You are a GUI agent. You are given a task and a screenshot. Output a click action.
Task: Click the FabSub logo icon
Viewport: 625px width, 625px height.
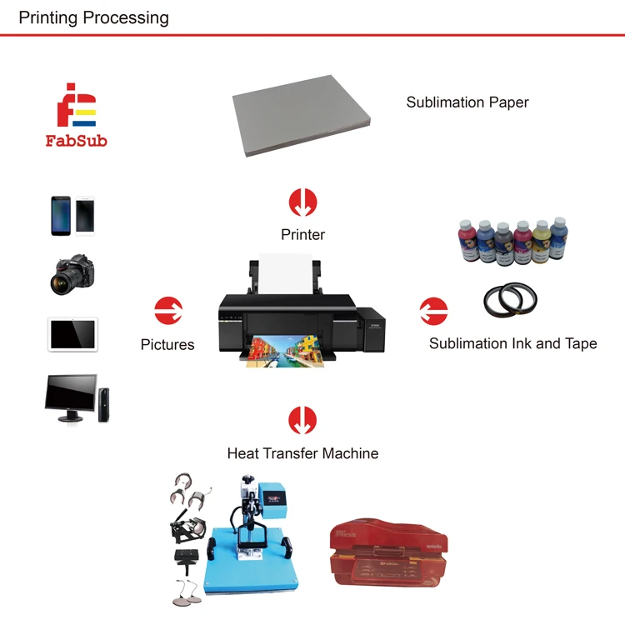76,105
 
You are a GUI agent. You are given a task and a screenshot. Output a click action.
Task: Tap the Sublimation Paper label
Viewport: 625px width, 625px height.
467,102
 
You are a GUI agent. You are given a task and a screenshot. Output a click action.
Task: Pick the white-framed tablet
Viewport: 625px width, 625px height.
72,334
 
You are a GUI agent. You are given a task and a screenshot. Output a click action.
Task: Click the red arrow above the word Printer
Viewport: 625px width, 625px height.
302,202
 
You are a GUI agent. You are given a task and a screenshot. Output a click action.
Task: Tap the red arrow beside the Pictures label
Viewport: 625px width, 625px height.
168,311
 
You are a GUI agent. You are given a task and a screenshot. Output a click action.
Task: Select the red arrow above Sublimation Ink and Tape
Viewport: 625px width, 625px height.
433,311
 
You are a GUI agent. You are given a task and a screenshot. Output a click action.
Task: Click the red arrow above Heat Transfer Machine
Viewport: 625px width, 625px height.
302,420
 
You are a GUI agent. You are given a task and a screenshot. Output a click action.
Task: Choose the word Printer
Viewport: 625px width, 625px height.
302,235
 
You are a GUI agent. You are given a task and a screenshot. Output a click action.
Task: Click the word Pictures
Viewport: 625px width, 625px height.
167,344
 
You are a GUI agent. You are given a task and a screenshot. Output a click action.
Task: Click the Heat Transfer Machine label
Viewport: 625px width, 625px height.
302,454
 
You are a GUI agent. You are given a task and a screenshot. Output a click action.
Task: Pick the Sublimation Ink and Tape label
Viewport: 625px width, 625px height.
512,343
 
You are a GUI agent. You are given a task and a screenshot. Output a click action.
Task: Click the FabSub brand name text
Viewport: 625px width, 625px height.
76,141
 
